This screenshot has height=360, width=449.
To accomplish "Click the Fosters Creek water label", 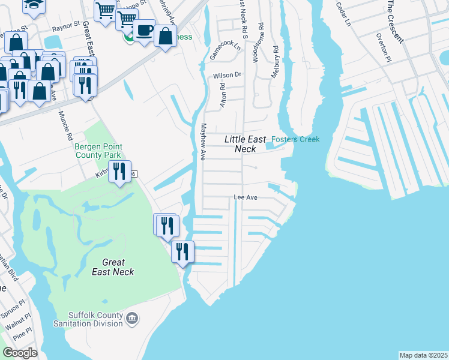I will (295, 139).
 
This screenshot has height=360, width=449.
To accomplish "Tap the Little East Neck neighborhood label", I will (245, 143).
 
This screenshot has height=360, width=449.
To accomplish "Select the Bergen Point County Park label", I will (98, 150).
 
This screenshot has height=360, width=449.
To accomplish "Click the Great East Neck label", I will (113, 267).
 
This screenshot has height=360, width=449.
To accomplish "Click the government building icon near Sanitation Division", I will (133, 318).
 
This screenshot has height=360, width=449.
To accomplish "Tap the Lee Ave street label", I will (245, 197).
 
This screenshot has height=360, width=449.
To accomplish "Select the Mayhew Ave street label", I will (203, 142).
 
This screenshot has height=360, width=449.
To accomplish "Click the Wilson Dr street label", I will (226, 76).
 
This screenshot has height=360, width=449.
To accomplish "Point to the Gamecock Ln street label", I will (221, 50).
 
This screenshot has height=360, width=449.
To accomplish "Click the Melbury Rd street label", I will (275, 61).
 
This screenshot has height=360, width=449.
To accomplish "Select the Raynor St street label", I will (65, 26).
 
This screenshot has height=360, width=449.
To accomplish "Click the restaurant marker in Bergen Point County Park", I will (119, 172).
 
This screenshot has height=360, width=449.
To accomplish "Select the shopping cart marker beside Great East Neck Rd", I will (106, 11).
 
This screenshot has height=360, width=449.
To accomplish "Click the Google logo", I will (20, 353).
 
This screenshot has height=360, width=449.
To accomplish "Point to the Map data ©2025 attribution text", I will (423, 355).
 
